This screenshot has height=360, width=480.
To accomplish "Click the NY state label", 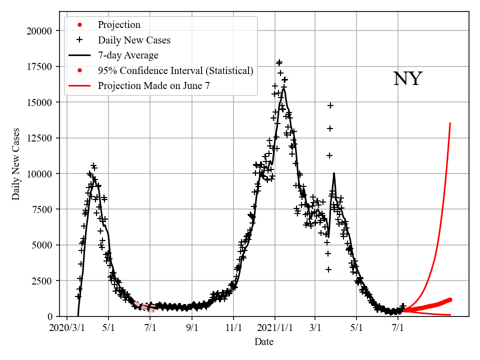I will tap(407, 79).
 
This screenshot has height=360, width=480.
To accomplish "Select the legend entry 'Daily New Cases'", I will tap(133, 40).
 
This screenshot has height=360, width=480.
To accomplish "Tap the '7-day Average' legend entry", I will tap(128, 55).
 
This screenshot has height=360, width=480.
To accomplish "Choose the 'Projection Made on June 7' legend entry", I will tap(153, 85).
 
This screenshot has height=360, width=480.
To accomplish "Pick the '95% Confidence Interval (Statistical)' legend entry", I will tap(175, 70).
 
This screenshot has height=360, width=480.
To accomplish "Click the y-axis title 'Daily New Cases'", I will tap(16, 164).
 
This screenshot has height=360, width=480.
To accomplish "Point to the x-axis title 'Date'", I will tap(263, 342).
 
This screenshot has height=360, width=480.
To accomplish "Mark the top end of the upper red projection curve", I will tap(450, 123).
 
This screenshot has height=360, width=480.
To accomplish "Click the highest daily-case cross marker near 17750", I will tap(279, 62).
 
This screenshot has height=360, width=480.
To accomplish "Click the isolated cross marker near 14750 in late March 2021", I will tap(330, 105).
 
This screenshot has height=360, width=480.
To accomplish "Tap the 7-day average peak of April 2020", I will tap(95, 178).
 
